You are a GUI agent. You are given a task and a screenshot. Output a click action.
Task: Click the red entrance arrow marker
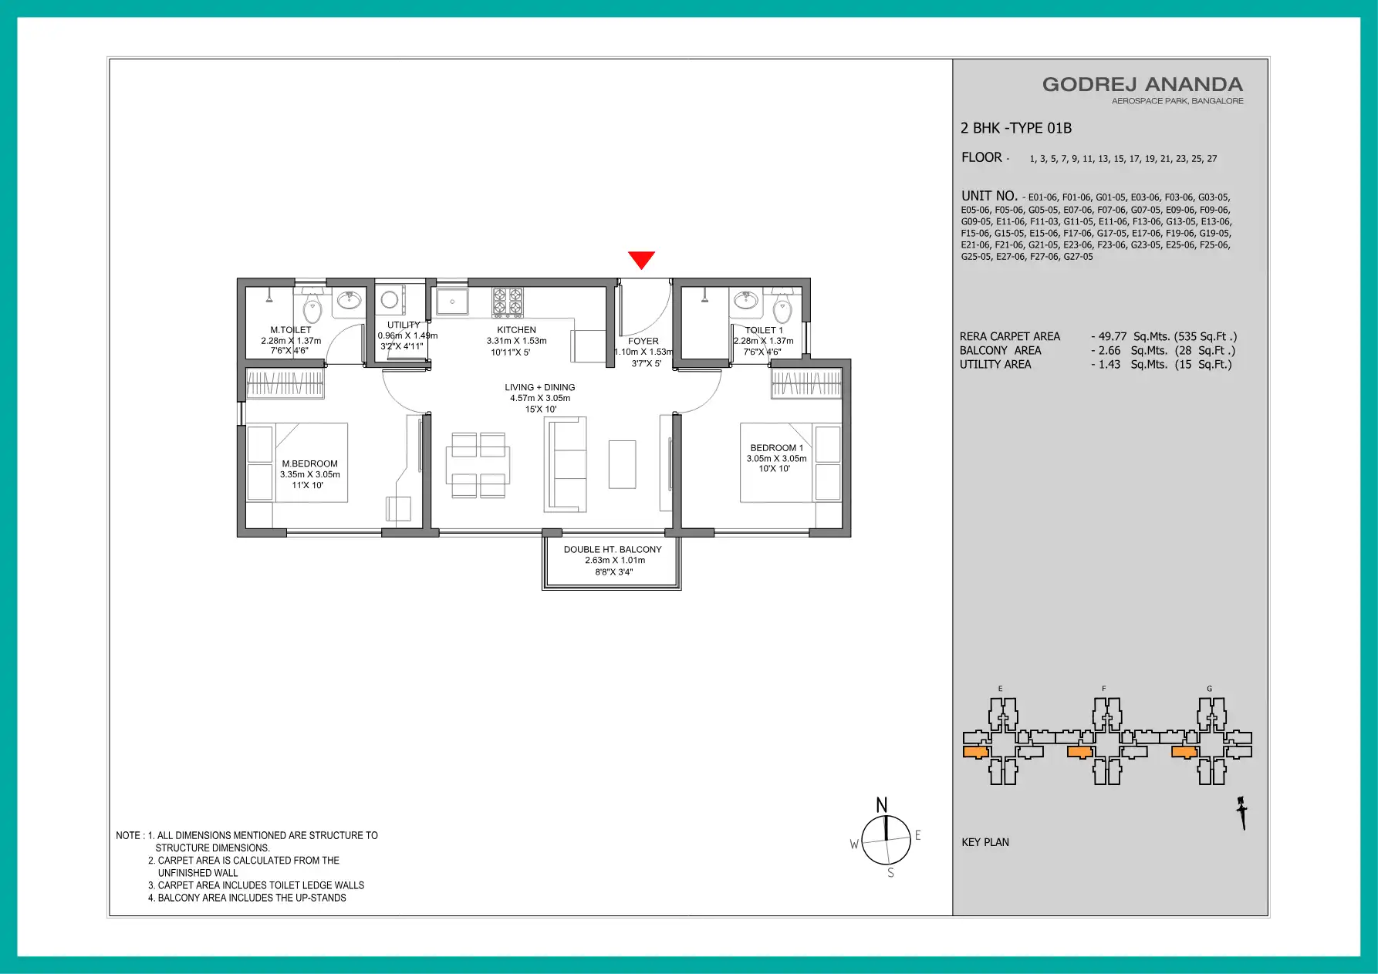point(641,260)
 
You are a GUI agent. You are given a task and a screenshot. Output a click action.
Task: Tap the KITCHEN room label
point(516,330)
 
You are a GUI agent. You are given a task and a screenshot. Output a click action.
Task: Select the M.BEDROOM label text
point(309,464)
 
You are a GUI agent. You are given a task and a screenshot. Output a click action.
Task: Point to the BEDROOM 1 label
point(776,448)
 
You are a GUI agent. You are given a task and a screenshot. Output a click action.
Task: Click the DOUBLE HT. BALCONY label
point(613,550)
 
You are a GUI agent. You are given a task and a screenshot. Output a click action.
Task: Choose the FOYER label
point(643,341)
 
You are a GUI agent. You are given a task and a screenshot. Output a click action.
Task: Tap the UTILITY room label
point(404,325)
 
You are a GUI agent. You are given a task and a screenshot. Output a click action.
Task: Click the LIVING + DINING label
point(540,388)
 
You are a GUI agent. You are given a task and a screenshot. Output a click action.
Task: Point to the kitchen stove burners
point(508,302)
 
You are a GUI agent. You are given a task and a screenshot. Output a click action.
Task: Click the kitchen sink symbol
point(452,302)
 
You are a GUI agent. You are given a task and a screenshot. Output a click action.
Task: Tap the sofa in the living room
point(566,464)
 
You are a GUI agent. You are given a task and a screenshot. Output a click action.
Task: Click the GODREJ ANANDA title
point(1143,84)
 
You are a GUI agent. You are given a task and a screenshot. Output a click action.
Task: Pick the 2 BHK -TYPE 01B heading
point(1016,128)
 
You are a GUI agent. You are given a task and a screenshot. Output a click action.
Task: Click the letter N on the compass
point(882,805)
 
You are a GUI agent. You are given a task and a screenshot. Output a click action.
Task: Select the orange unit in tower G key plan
point(1184,752)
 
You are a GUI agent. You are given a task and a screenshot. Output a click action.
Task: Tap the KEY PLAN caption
point(985,842)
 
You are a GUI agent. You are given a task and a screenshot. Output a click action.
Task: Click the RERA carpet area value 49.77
point(1113,336)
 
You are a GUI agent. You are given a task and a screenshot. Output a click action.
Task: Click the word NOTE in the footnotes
point(128,835)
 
